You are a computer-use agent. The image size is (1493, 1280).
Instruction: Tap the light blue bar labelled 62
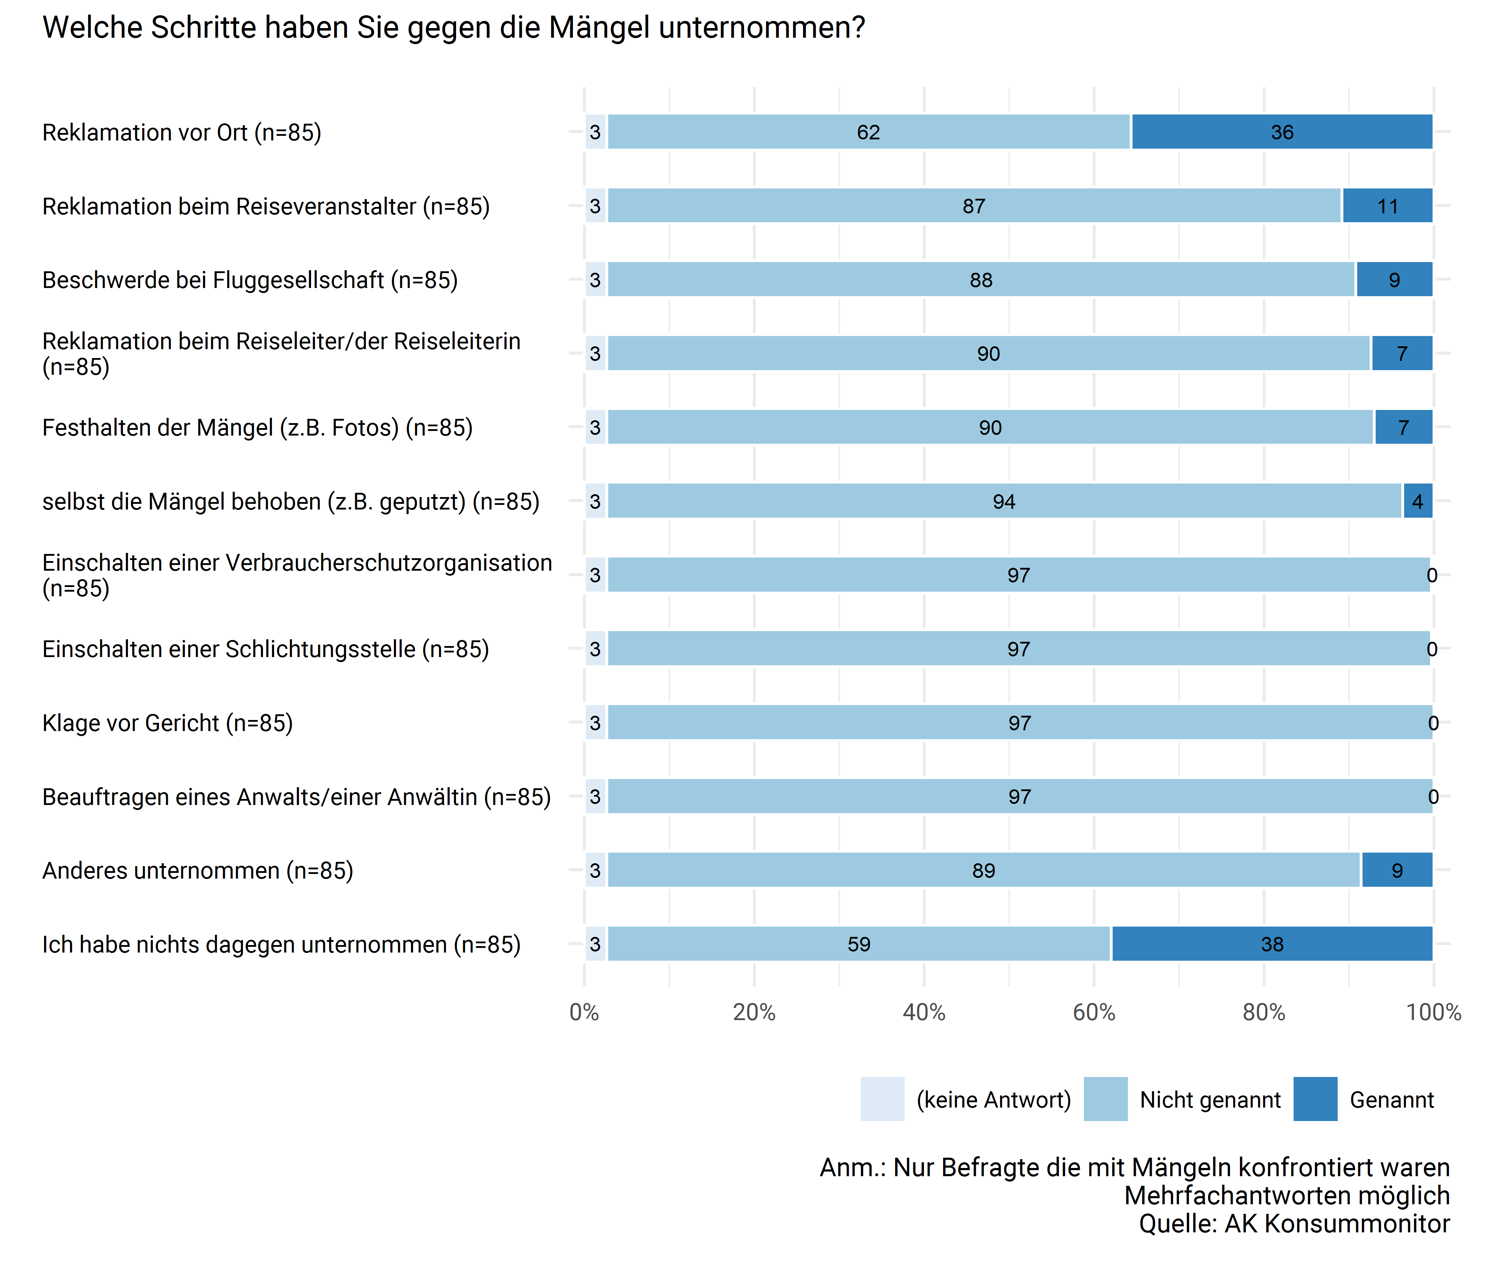coord(868,132)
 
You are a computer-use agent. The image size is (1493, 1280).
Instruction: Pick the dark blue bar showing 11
coord(1387,206)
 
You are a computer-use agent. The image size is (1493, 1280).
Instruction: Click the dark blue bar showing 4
coord(1417,501)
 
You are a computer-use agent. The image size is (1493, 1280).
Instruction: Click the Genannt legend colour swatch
coord(1315,1099)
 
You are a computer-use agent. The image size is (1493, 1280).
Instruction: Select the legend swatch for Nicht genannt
coord(1105,1099)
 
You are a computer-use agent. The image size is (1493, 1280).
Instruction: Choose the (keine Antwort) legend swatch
coord(882,1099)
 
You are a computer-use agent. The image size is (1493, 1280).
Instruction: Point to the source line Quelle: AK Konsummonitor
coord(1294,1224)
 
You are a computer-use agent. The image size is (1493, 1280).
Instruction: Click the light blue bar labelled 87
coord(974,206)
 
